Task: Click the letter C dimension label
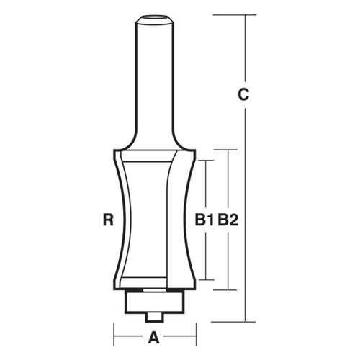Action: coord(244,94)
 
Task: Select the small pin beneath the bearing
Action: coord(154,315)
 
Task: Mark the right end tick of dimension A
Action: coord(197,336)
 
